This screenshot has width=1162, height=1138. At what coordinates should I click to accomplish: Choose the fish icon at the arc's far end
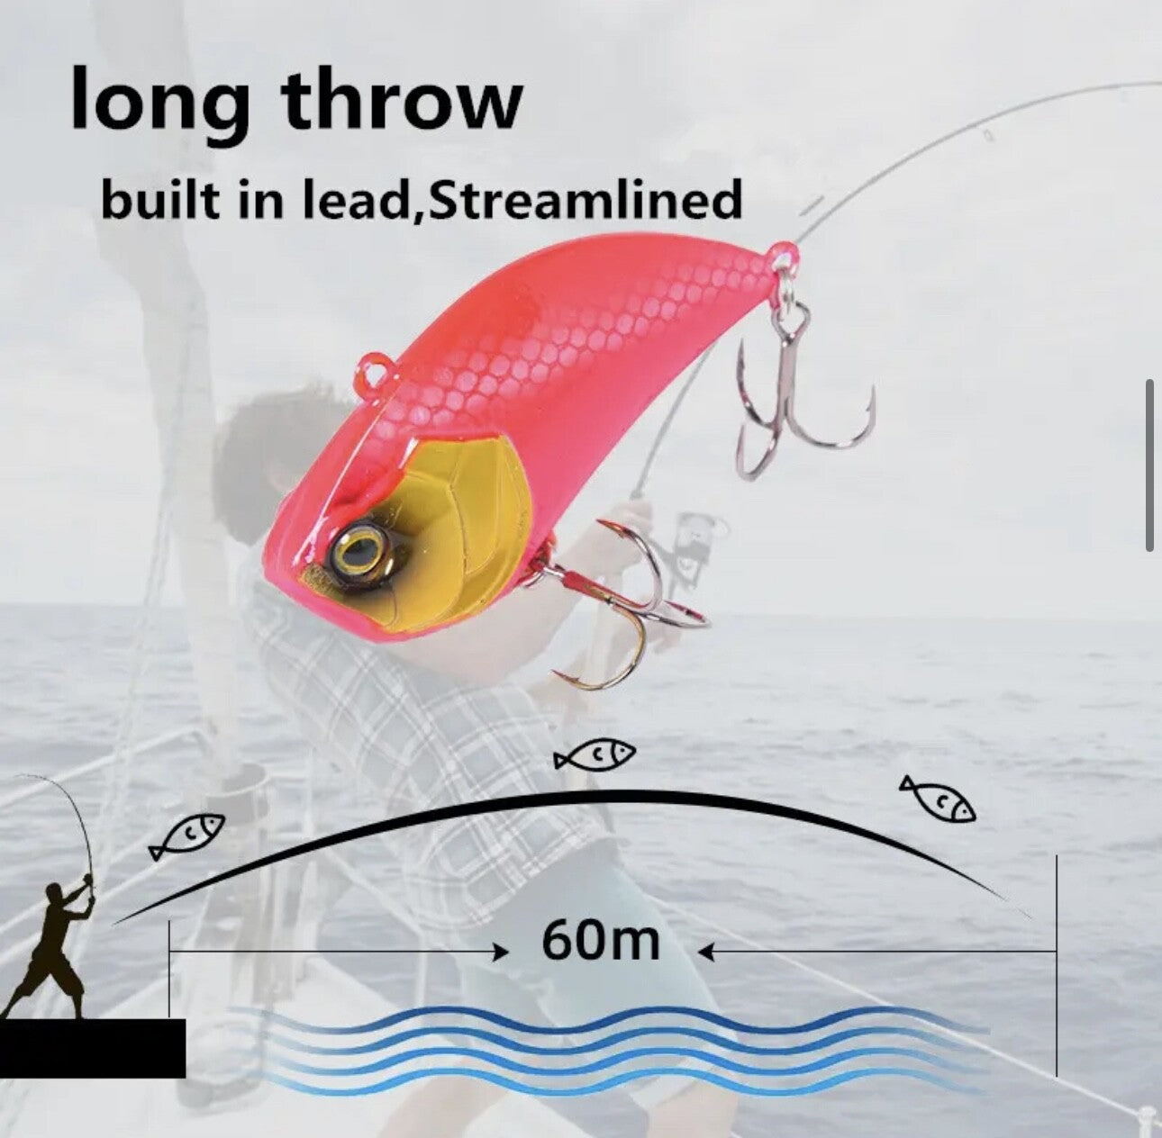(938, 799)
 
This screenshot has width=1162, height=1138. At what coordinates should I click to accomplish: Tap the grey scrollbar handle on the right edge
(1149, 465)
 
